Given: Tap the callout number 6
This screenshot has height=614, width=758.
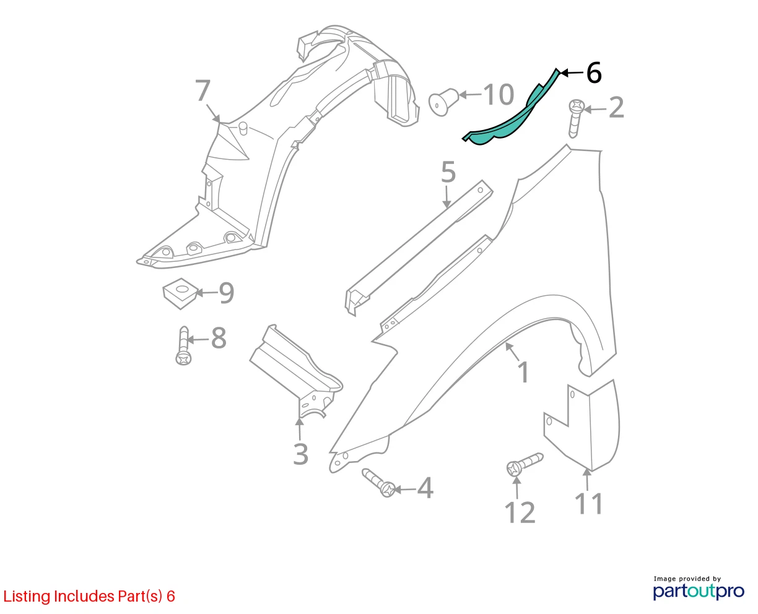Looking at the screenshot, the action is pyautogui.click(x=594, y=73).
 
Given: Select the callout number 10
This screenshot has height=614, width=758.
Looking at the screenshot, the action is pyautogui.click(x=499, y=95).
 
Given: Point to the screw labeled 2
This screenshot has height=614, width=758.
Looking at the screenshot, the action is pyautogui.click(x=576, y=118).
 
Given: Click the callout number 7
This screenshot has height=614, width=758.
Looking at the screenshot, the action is pyautogui.click(x=203, y=91).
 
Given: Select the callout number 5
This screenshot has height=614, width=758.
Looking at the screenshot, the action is pyautogui.click(x=448, y=172).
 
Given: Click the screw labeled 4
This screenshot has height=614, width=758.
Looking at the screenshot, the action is pyautogui.click(x=380, y=483).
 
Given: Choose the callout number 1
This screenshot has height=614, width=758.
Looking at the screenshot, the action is pyautogui.click(x=523, y=373).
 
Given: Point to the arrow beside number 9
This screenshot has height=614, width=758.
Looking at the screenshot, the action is pyautogui.click(x=206, y=293).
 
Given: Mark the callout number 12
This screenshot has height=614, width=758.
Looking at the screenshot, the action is pyautogui.click(x=520, y=512).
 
